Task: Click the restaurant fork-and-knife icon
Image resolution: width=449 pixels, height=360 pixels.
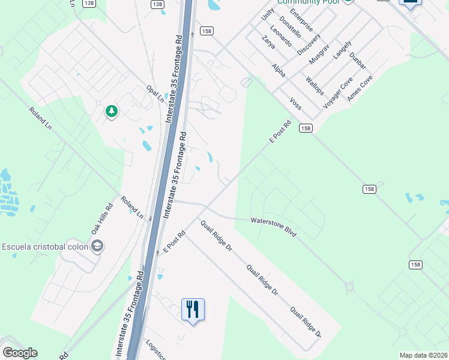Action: point(193,310)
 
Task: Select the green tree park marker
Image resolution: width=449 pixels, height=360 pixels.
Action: point(111,111)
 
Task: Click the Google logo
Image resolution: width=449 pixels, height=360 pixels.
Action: point(20,353)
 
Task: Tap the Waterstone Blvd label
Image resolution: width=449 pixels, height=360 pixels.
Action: point(274,227)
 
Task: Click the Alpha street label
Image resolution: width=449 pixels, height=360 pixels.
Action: point(279,70)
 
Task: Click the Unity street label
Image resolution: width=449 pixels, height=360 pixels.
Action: point(268,14)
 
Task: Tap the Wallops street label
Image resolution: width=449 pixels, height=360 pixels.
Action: point(315,86)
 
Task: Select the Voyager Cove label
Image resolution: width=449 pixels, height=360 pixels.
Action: point(338,92)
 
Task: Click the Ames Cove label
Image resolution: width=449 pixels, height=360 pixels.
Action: point(360,88)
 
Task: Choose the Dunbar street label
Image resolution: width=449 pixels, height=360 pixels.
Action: point(357,61)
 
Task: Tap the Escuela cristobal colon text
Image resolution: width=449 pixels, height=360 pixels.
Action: point(44,246)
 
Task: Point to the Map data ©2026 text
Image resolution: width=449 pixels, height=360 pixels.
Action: point(423,355)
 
